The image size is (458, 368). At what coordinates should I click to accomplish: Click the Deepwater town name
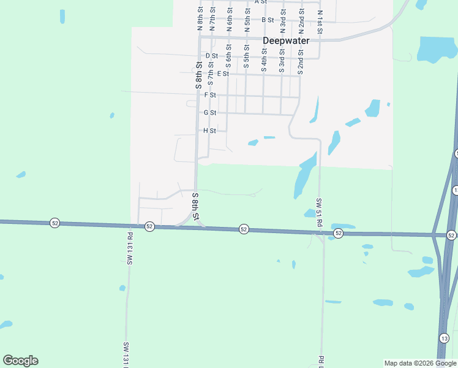tap(286, 41)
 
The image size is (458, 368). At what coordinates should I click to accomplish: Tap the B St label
tap(268, 20)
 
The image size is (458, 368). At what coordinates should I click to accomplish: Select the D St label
tap(211, 56)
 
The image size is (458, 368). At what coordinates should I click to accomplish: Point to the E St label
tap(222, 74)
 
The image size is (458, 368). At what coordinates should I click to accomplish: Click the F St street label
tap(210, 95)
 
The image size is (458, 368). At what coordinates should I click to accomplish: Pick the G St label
tap(210, 113)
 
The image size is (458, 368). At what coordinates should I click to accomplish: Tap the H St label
tap(210, 131)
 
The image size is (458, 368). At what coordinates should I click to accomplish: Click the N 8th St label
tap(200, 18)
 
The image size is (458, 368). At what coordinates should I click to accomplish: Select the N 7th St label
tap(212, 18)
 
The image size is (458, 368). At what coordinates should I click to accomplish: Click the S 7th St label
tap(210, 72)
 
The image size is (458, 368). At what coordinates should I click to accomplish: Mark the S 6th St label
tap(228, 56)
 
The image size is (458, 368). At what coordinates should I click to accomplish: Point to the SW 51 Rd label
tap(319, 212)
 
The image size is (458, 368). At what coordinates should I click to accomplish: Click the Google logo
tap(20, 361)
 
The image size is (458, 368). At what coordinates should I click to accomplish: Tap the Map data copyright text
tap(420, 363)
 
